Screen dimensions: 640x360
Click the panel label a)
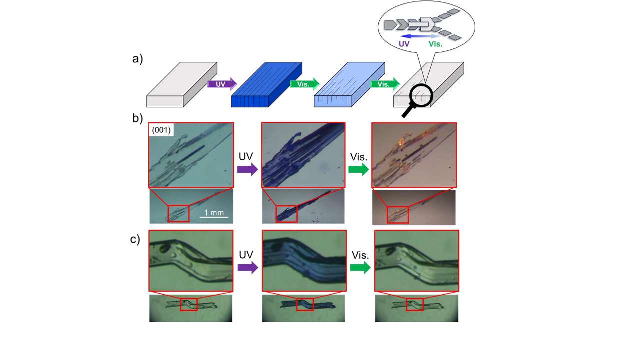[x=137, y=59]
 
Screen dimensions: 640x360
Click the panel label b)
[x=137, y=118]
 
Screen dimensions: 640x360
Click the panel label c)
[x=135, y=239]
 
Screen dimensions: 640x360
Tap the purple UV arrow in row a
[x=222, y=84]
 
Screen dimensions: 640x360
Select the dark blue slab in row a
[x=267, y=84]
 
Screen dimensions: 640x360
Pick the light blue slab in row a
[x=349, y=84]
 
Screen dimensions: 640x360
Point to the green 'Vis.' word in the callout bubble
[x=436, y=44]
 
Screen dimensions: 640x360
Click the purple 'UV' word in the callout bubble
[x=404, y=44]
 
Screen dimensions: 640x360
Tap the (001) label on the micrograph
[x=161, y=130]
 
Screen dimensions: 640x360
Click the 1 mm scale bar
[x=214, y=217]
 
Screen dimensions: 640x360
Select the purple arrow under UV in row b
[x=247, y=169]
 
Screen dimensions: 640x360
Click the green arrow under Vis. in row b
[x=359, y=169]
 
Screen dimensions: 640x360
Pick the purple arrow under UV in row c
[x=248, y=268]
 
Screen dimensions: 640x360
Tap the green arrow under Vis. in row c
[x=360, y=268]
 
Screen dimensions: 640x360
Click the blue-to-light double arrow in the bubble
[x=421, y=36]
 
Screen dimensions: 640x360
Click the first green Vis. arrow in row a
[x=305, y=84]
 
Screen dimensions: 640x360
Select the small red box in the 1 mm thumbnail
[x=178, y=213]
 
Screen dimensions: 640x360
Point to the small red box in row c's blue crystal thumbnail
[x=305, y=305]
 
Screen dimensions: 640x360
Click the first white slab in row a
[x=182, y=84]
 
